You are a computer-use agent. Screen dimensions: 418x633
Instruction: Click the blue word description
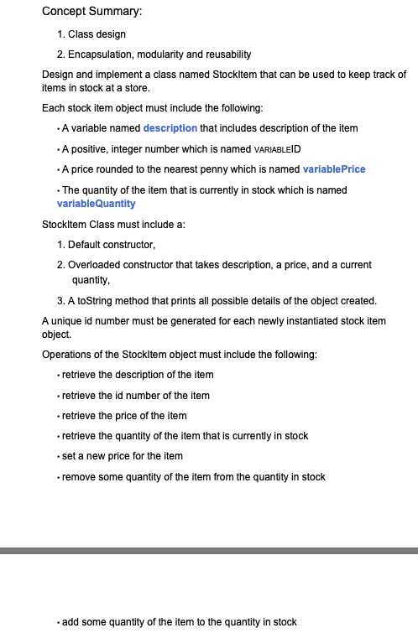coord(170,128)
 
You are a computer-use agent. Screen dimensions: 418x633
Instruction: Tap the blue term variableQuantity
coord(96,204)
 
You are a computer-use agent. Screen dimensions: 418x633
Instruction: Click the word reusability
coord(224,54)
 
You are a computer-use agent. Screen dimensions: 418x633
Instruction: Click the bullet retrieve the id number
coord(135,396)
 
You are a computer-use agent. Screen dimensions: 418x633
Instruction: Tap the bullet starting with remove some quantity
coord(193,477)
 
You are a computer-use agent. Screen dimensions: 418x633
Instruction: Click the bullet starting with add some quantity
coord(179,622)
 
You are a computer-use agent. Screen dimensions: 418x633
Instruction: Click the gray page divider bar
coord(209,551)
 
